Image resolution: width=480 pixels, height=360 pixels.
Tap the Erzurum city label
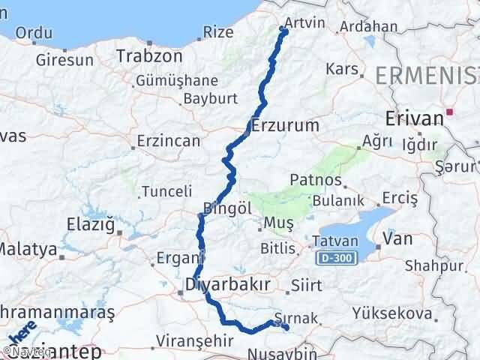coord(286,124)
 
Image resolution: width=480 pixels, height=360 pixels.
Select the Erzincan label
coord(169,140)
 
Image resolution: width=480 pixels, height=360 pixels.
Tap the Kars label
coord(341,69)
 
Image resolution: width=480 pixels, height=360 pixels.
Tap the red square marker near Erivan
coord(449,112)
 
